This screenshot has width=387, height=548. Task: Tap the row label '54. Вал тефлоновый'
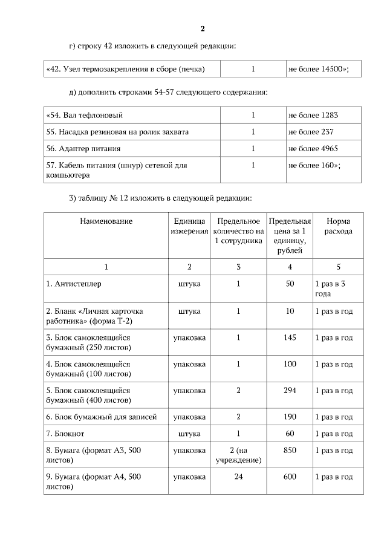(x=85, y=115)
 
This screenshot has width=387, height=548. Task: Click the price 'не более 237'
(x=311, y=132)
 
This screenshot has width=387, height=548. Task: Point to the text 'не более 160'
(x=314, y=165)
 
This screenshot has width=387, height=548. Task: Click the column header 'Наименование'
(x=106, y=221)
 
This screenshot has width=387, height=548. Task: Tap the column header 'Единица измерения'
(x=189, y=226)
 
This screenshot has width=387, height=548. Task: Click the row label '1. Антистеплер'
(x=72, y=284)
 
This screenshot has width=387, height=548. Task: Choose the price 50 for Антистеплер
(x=290, y=284)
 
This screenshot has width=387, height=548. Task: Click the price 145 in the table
(x=290, y=338)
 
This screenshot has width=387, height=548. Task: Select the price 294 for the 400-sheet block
(x=290, y=391)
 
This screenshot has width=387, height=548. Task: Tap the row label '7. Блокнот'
(x=65, y=434)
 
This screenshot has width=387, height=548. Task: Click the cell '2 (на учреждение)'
(x=238, y=455)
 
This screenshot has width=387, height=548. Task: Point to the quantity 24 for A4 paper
(x=238, y=477)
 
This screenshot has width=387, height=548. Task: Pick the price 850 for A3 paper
(x=290, y=451)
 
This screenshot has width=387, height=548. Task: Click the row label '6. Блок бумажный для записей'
(x=102, y=417)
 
